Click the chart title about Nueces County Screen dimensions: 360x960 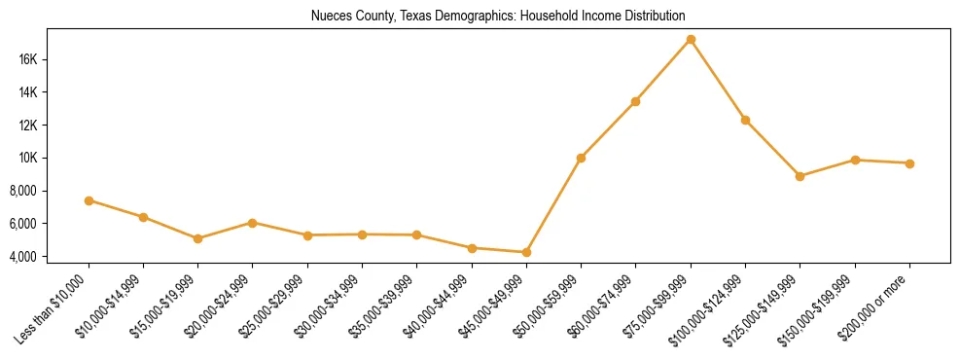tap(498, 16)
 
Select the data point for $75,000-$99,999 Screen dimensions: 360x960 tap(691, 40)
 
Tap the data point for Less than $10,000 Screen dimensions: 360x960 tap(89, 200)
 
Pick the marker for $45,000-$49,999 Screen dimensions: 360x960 tap(526, 252)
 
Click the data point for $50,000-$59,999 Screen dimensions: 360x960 tap(581, 158)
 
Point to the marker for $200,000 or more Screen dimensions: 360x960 tap(909, 163)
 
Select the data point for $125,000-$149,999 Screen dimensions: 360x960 tap(800, 176)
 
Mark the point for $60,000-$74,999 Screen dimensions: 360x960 tap(635, 101)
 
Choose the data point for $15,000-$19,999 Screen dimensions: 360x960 tap(197, 238)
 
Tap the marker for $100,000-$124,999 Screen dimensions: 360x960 tap(745, 120)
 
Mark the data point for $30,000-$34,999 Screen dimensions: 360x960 tap(362, 234)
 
